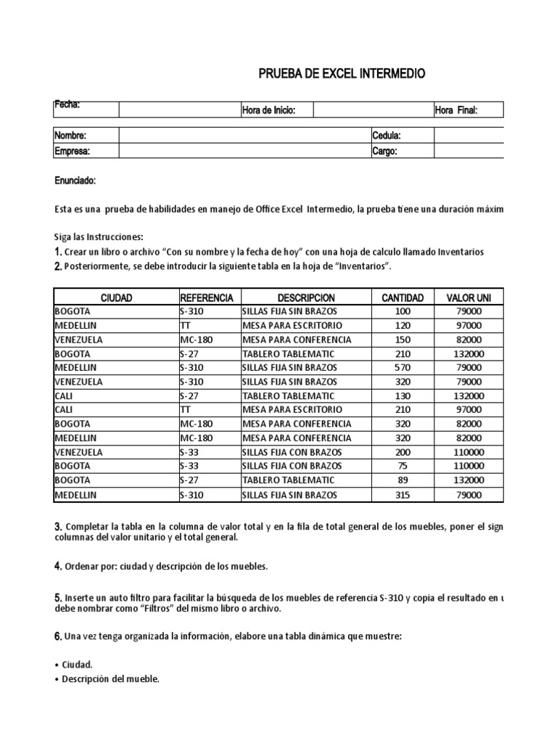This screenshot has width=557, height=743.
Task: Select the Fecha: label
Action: coord(67,106)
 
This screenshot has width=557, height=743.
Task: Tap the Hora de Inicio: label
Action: coord(268,110)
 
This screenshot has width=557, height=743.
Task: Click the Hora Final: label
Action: coord(457,110)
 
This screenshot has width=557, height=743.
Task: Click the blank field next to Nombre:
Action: coord(244,136)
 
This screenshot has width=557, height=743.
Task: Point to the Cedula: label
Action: coord(387,136)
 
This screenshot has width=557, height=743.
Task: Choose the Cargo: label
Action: coord(384,151)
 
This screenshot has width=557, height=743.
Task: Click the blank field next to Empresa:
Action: coord(244,151)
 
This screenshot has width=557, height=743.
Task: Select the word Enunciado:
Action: coord(75,181)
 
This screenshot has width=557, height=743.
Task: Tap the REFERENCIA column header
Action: coord(207,298)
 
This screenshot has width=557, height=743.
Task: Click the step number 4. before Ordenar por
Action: coord(58,565)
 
